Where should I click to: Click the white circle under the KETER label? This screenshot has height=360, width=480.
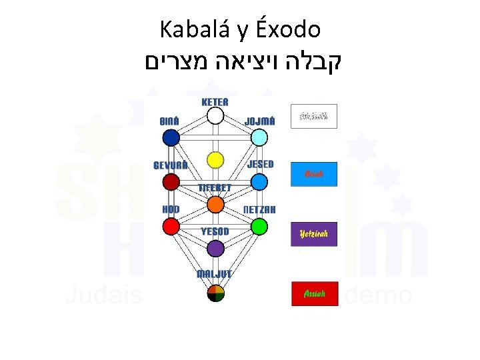point(215,116)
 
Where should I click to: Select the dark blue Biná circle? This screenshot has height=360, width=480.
point(171,137)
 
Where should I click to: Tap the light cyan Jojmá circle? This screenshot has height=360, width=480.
point(259,137)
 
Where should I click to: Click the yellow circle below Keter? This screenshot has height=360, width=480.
point(215,160)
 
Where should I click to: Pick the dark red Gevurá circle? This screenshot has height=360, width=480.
point(171,182)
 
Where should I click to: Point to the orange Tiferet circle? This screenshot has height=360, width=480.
point(215,204)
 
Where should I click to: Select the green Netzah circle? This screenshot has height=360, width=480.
point(259,227)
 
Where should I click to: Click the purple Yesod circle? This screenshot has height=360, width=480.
point(215,249)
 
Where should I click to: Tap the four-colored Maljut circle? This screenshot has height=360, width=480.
point(215,293)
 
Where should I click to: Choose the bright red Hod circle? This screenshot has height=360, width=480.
point(171,227)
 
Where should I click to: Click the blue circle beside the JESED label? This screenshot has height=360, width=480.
point(259,182)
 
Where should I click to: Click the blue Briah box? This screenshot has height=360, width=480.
point(314,174)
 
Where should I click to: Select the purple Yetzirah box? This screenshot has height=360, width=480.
point(314,234)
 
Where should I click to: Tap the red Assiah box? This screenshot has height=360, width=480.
point(314,293)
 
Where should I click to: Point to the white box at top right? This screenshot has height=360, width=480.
point(314,116)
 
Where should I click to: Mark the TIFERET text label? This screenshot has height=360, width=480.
point(215,188)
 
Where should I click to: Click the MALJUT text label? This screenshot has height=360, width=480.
point(213,274)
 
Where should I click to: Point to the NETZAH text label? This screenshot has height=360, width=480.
point(259,209)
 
